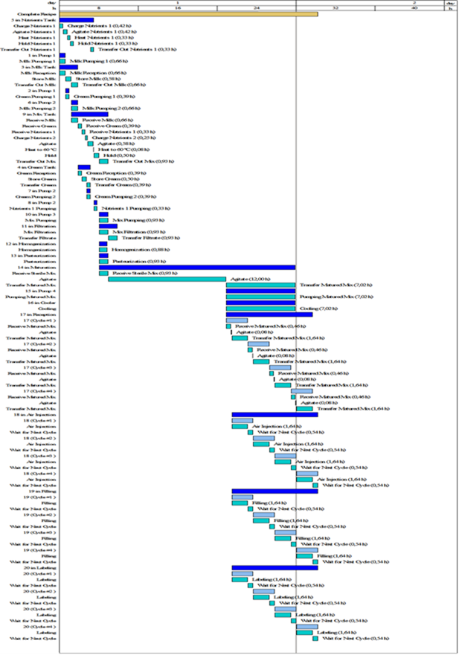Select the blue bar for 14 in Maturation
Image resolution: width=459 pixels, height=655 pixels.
[x=197, y=268]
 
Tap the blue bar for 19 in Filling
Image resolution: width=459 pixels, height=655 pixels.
[x=275, y=491]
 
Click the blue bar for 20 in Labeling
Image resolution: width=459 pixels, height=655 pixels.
[x=275, y=568]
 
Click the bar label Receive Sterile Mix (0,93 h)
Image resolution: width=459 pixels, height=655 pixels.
[x=138, y=273]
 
